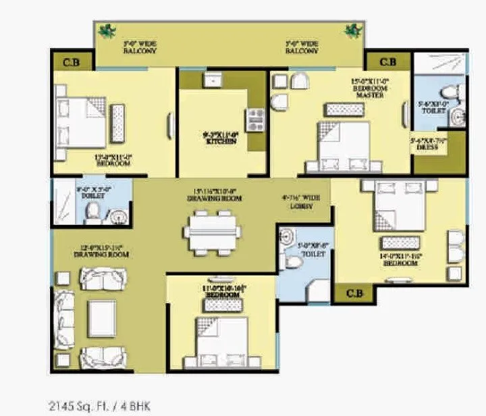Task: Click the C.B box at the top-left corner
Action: click(x=70, y=63)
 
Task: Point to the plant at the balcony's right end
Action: click(x=351, y=30)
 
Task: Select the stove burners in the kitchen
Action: click(x=256, y=119)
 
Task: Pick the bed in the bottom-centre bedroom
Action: click(x=221, y=342)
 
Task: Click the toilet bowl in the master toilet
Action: click(x=448, y=92)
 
